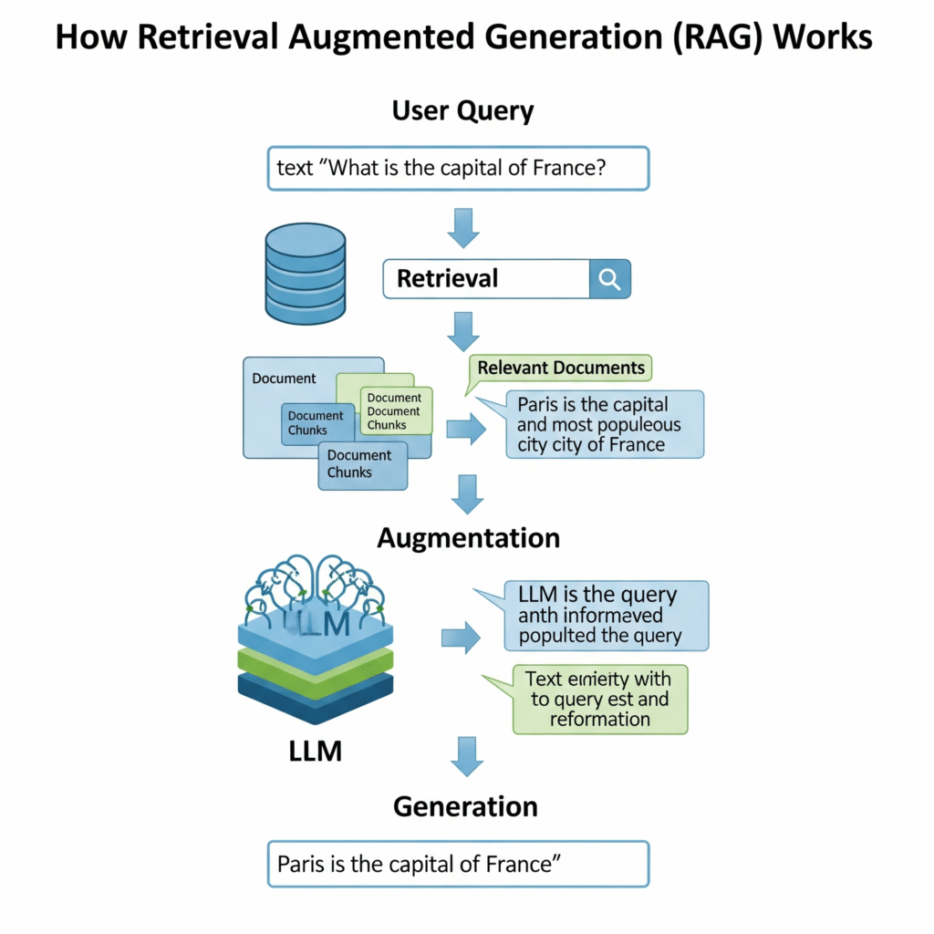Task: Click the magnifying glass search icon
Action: [609, 278]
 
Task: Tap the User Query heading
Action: [462, 111]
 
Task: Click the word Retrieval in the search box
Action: [448, 278]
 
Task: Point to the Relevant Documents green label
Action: [561, 368]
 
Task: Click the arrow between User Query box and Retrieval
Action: [463, 227]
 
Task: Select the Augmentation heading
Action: [468, 537]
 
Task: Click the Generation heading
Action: [465, 806]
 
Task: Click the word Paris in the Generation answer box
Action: [302, 864]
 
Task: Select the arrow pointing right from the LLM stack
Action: [461, 638]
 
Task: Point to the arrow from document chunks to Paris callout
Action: [466, 429]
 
